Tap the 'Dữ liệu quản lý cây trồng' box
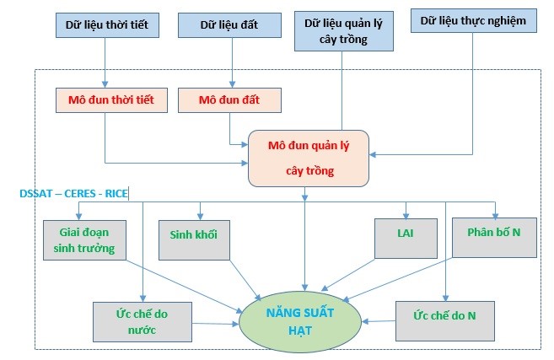click(x=342, y=31)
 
